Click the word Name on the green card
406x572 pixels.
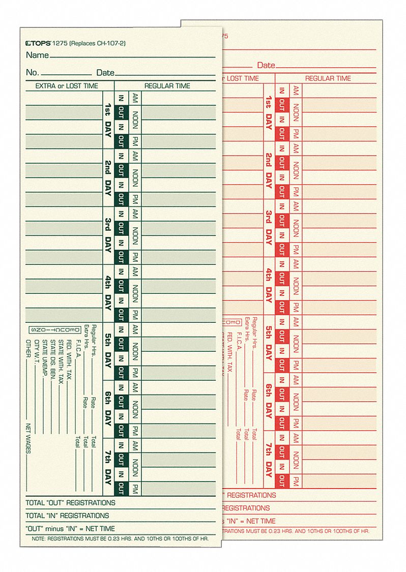click(37, 55)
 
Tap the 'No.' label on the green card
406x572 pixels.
click(32, 73)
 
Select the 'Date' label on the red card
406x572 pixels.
click(266, 66)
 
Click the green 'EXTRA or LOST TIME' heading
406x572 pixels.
click(67, 86)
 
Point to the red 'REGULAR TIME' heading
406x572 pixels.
click(328, 78)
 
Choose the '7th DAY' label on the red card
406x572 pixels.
click(268, 459)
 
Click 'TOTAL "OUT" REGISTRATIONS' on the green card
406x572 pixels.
click(70, 503)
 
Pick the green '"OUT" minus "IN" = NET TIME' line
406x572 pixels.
click(70, 529)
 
